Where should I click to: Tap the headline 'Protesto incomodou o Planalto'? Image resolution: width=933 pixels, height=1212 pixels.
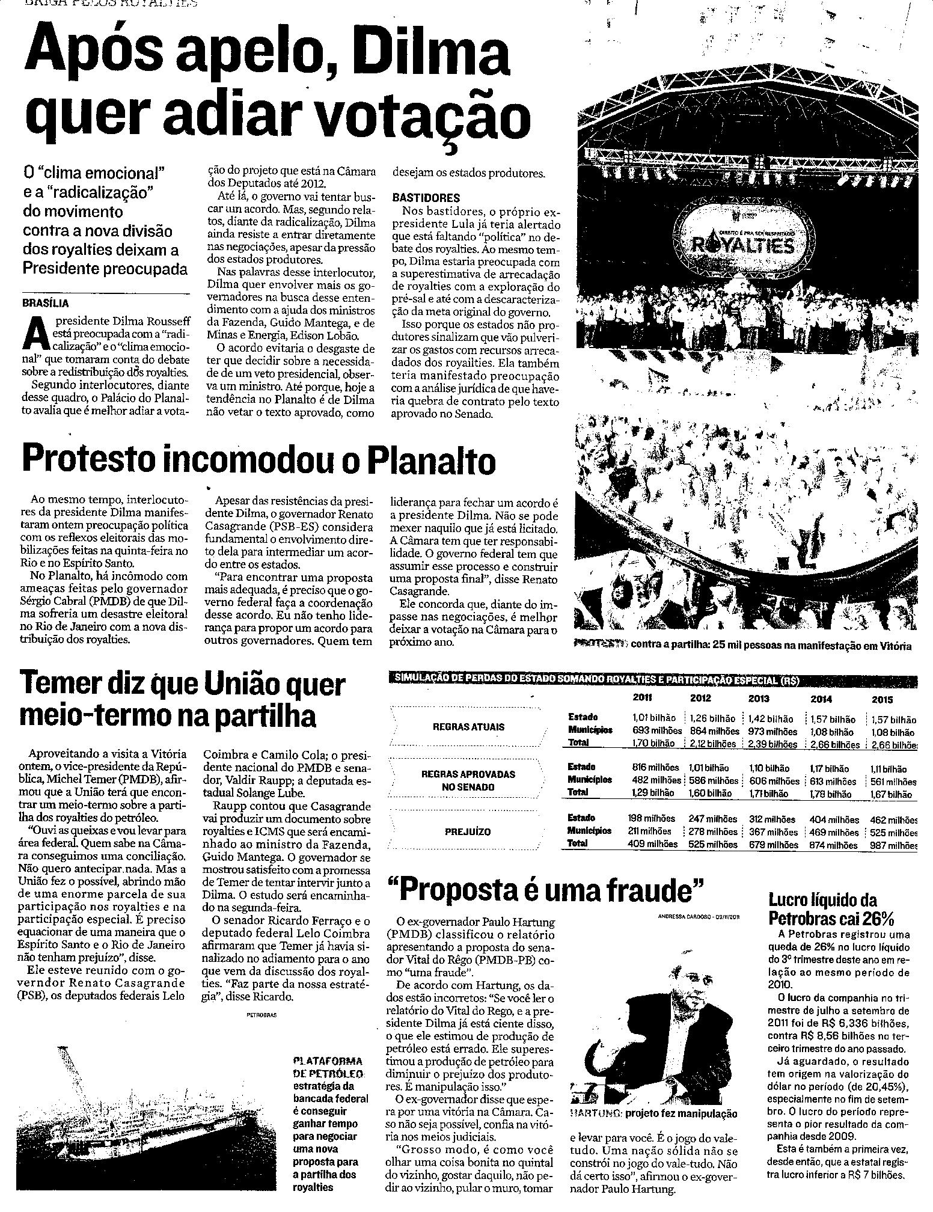coord(258,460)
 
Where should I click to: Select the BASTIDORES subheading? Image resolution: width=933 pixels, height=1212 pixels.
coord(426,197)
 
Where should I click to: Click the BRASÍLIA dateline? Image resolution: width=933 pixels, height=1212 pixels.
coord(46,303)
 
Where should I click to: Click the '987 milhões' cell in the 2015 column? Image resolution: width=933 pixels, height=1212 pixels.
coord(893,845)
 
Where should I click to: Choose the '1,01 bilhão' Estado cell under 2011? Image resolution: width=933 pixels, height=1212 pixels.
coord(654,718)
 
